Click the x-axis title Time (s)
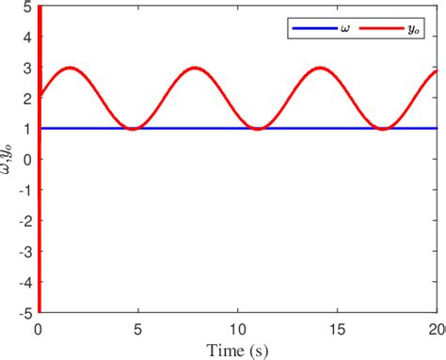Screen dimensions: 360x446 (x=238, y=351)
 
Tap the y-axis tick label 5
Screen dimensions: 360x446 (x=28, y=7)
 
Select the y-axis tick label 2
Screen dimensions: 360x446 (x=28, y=98)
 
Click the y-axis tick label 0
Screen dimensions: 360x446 (x=28, y=159)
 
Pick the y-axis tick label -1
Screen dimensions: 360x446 (x=25, y=189)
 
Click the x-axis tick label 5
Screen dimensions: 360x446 (x=138, y=330)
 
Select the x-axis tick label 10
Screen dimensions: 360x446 (x=238, y=330)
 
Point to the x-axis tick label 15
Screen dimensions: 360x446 (x=338, y=330)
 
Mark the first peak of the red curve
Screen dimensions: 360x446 (x=70, y=68)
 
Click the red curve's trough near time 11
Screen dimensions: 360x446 (x=257, y=128)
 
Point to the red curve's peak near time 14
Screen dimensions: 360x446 (x=320, y=68)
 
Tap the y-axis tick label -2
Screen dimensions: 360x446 (x=25, y=219)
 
